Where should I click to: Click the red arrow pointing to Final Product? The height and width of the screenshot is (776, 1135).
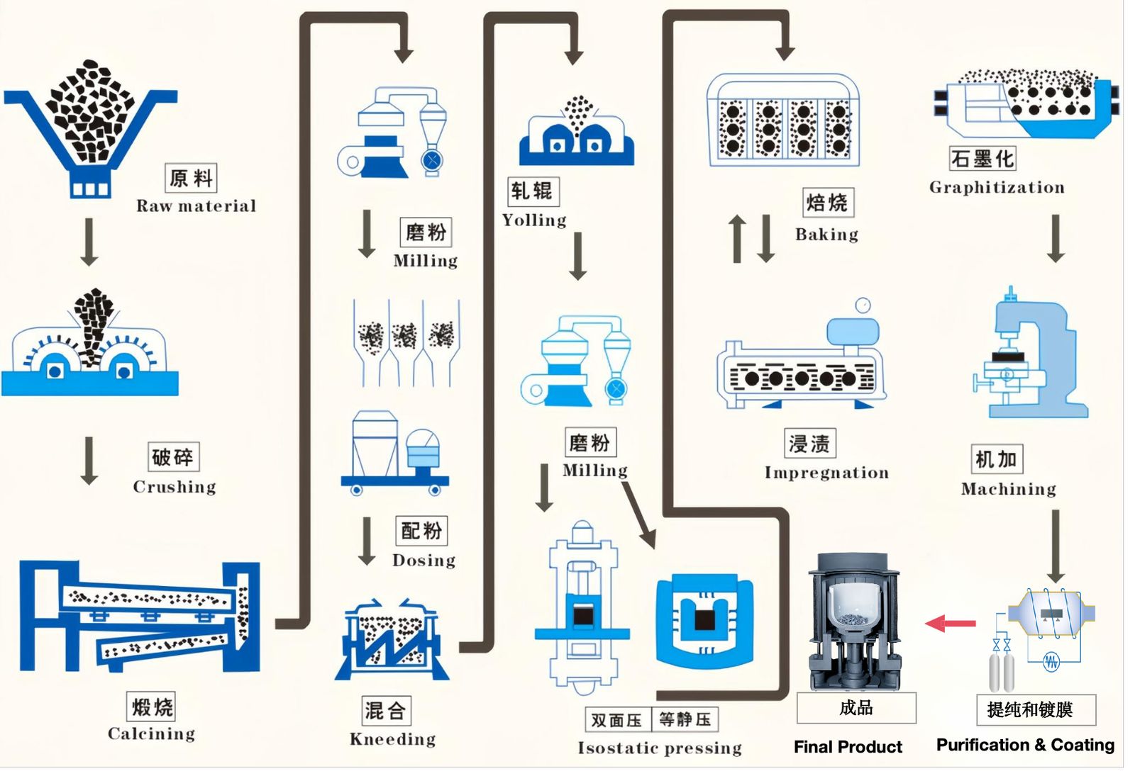(951, 624)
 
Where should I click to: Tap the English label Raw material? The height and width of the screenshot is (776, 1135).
(196, 206)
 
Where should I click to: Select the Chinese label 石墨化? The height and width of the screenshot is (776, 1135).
(982, 159)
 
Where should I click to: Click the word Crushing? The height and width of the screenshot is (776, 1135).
(175, 487)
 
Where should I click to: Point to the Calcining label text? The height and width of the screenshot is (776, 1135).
(151, 733)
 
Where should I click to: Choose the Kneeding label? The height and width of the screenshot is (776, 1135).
(392, 739)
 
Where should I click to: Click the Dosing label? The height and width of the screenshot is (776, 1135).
(423, 561)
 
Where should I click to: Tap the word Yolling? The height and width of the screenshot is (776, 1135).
(534, 220)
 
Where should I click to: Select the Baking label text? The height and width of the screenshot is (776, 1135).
(826, 235)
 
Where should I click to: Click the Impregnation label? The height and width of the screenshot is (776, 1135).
(826, 473)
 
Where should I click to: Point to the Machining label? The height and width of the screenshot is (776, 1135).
(1008, 489)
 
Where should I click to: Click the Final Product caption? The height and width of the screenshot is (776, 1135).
(848, 746)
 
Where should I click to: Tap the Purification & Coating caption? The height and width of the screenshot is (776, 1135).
(1025, 745)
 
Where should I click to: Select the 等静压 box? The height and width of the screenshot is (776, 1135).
(685, 720)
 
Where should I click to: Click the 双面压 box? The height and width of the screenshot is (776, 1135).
(616, 720)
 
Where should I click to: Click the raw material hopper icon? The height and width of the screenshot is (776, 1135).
(90, 128)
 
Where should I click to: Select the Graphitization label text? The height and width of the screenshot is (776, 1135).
(997, 188)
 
